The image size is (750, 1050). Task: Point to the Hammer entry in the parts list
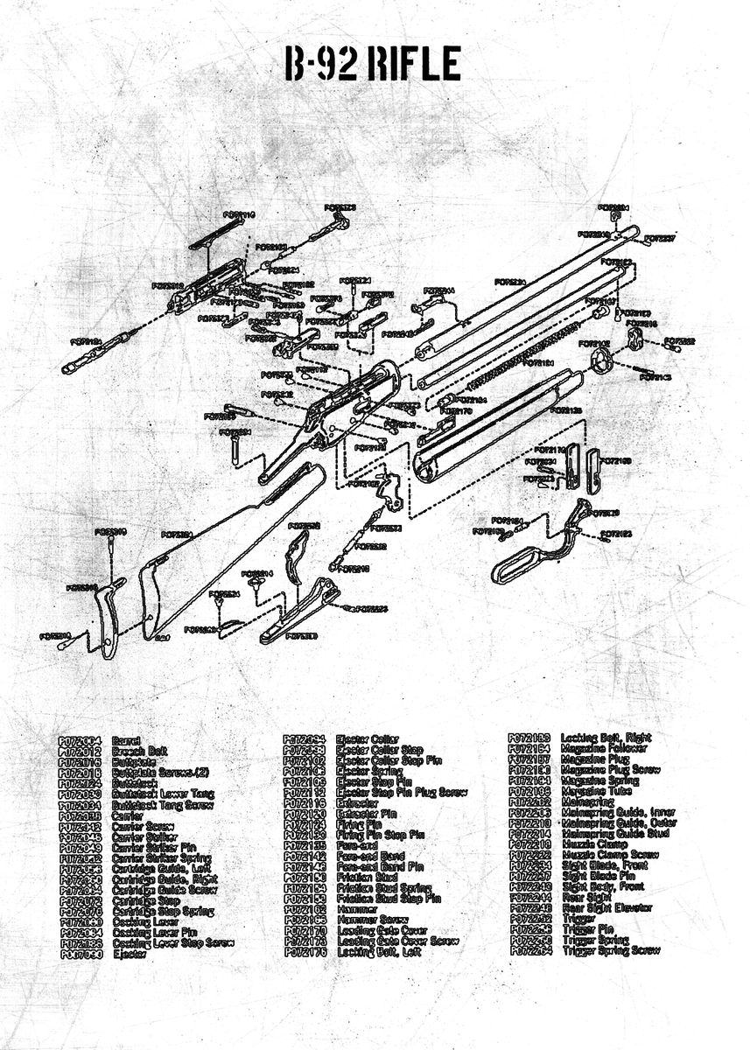coord(355,909)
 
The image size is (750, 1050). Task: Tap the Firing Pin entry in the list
coord(359,823)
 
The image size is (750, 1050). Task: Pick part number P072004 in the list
coord(80,741)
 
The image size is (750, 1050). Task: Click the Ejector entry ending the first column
coord(129,954)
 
